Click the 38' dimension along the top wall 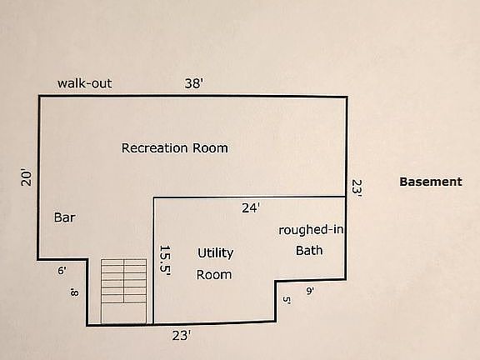tap(194, 83)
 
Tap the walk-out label tap(85, 83)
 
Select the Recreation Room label tap(175, 148)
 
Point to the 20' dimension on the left tap(27, 177)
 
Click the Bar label tap(65, 217)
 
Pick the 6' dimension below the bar tap(62, 271)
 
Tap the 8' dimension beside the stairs tap(74, 292)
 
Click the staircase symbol tap(123, 291)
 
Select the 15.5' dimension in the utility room tap(165, 260)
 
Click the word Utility tap(216, 253)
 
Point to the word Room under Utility tap(214, 275)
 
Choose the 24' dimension tap(251, 208)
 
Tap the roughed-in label tap(311, 230)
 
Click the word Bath tap(309, 250)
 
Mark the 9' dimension tap(310, 291)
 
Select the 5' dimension tap(287, 300)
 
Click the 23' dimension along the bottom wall tap(182, 336)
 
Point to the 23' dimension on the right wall tap(357, 188)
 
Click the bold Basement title tap(431, 182)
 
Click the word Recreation tap(155, 148)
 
